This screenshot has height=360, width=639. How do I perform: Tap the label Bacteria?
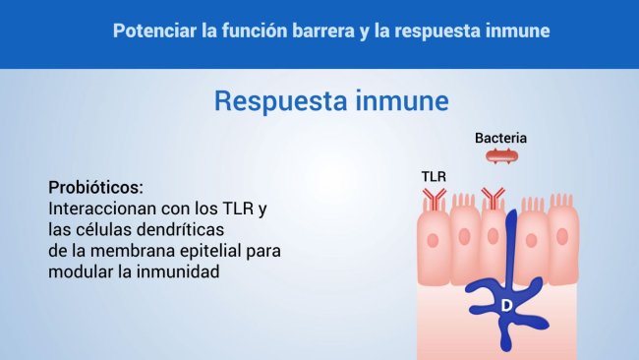500,138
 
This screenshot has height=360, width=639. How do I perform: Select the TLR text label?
434,176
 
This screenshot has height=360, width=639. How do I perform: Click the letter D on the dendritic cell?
506,306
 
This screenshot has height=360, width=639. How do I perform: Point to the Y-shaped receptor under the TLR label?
434,202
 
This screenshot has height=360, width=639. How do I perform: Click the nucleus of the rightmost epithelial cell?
561,237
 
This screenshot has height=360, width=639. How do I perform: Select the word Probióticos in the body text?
95,187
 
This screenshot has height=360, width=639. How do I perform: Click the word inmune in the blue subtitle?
394,102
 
